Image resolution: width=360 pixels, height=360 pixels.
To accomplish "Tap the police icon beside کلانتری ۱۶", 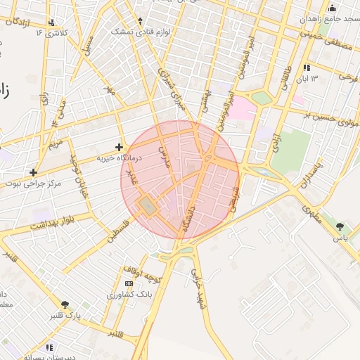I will pos(50,32).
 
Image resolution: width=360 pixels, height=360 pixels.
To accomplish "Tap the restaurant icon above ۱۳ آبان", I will pos(307,67).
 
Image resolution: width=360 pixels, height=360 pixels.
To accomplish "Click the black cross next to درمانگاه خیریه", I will pos(120,148).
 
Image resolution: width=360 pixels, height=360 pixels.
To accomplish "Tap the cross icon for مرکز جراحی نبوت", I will pos(33,172).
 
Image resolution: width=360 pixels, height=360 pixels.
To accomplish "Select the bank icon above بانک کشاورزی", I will pos(129,283).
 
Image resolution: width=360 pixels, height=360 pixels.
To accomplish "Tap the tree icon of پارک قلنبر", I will pos(65,304).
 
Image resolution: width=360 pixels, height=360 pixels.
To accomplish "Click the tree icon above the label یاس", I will pos(341,226).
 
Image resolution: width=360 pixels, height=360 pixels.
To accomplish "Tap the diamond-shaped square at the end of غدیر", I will pos(148,205).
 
